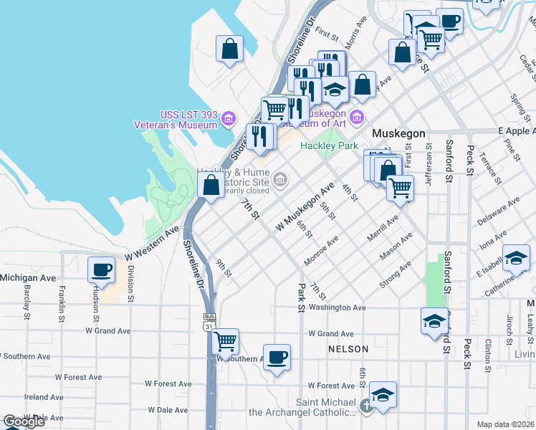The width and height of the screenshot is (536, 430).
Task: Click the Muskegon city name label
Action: [398, 134]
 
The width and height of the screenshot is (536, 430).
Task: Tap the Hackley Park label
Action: [329, 145]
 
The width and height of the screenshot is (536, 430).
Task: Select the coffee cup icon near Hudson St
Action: [101, 269]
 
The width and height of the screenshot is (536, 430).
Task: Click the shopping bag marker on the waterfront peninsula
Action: [229, 49]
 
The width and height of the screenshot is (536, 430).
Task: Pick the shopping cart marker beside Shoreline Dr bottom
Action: [226, 341]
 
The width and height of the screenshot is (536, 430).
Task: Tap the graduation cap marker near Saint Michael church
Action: [383, 394]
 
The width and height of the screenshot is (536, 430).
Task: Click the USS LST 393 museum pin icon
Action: [229, 118]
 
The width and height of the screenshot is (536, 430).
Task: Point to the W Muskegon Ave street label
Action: [306, 206]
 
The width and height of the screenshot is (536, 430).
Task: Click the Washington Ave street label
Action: [337, 307]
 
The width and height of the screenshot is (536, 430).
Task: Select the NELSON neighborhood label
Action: [348, 349]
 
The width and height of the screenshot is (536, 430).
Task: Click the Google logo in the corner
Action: [24, 421]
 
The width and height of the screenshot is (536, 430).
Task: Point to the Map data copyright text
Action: [506, 424]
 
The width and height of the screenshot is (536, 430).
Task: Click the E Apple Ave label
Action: [516, 132]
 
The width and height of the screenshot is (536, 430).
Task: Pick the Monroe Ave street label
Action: [320, 252]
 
